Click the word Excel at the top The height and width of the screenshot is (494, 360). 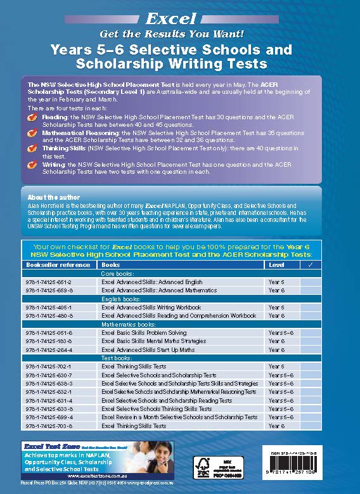point(179,20)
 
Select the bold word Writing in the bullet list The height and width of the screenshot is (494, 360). point(53,164)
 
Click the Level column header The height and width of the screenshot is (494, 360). point(276,264)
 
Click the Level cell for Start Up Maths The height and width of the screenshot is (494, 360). point(276,349)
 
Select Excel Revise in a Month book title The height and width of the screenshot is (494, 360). point(179,417)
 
